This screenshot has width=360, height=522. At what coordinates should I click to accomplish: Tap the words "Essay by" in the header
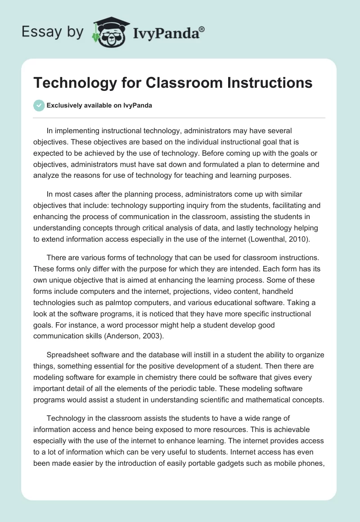pyautogui.click(x=52, y=32)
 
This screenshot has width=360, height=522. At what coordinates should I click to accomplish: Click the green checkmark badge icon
pyautogui.click(x=39, y=106)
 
